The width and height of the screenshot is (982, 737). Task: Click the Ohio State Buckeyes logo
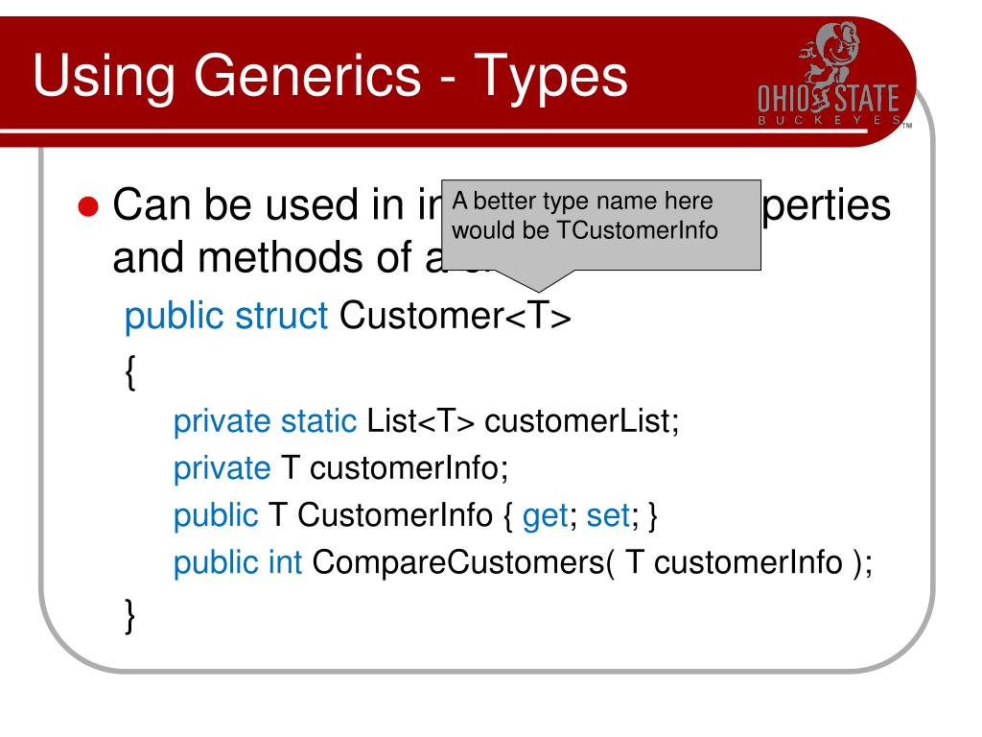point(829,81)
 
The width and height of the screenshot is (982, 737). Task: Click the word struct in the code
point(283,316)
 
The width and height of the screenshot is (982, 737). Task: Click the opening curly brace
point(130,371)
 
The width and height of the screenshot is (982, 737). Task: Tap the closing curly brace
point(130,614)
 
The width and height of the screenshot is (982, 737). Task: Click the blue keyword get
point(546,516)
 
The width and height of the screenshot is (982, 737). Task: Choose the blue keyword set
point(606,516)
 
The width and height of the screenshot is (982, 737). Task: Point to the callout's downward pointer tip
point(540,291)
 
